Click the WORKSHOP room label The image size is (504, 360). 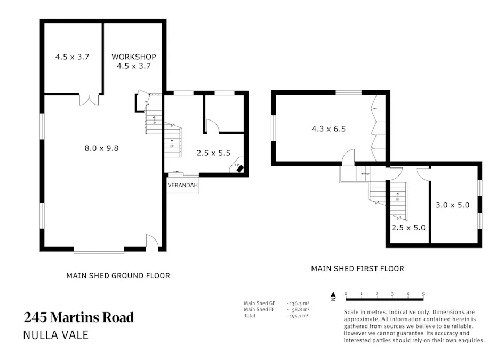(x=134, y=57)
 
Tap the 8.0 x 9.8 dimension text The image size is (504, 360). (x=101, y=148)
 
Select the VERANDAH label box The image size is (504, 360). (x=183, y=186)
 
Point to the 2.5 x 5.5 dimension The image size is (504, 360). (x=213, y=153)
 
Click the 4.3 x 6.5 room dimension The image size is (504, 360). (x=329, y=129)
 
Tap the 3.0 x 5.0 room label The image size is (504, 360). (x=453, y=205)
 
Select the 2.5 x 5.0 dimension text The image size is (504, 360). (x=409, y=228)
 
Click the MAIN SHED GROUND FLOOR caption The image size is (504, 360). (x=118, y=276)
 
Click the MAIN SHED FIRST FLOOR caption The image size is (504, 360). (x=357, y=269)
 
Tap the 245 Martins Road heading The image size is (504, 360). (x=79, y=318)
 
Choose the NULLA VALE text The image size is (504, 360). (x=56, y=335)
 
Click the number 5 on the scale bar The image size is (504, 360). (x=423, y=294)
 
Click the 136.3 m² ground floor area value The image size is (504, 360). (x=298, y=303)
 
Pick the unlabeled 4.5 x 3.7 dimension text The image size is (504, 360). (x=72, y=57)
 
